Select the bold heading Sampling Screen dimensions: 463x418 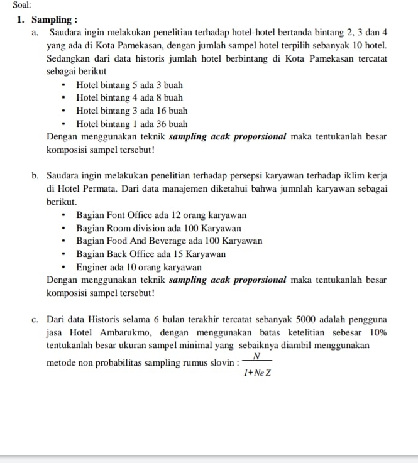click(x=55, y=19)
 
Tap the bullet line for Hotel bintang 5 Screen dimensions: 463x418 click(x=129, y=85)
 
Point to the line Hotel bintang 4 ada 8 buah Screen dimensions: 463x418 click(x=129, y=98)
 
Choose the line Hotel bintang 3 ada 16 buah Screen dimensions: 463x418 click(x=131, y=111)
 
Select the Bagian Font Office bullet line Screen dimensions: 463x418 click(x=161, y=215)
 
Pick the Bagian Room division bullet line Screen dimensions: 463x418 click(x=158, y=229)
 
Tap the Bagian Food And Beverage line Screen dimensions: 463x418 click(x=168, y=241)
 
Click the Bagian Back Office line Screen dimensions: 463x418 click(x=151, y=254)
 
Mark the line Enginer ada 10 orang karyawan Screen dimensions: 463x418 click(x=138, y=268)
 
